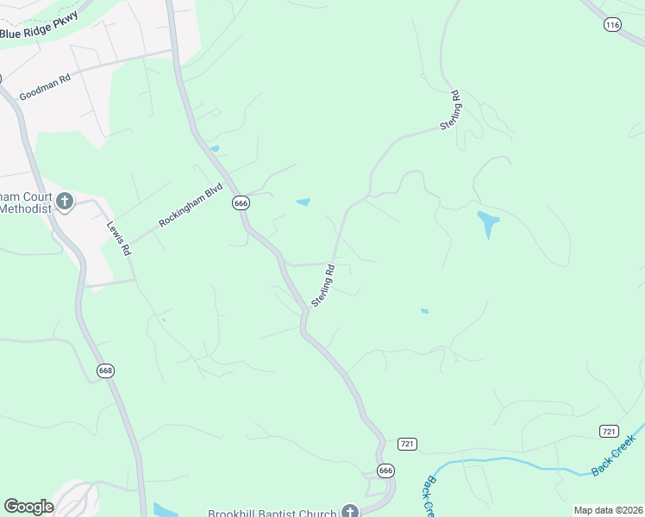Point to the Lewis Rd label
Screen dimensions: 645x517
pyautogui.click(x=118, y=239)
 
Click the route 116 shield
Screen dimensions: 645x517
pyautogui.click(x=612, y=26)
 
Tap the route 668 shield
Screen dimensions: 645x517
pyautogui.click(x=105, y=371)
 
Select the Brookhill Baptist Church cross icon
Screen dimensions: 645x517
pyautogui.click(x=349, y=512)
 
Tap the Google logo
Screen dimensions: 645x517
pyautogui.click(x=28, y=507)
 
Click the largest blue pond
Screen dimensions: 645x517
pyautogui.click(x=488, y=223)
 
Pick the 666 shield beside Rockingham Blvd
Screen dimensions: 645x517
pyautogui.click(x=241, y=202)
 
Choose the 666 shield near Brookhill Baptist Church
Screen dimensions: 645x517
pyautogui.click(x=385, y=470)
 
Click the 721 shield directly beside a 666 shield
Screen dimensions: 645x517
pyautogui.click(x=409, y=444)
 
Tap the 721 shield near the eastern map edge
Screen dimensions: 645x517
pyautogui.click(x=609, y=431)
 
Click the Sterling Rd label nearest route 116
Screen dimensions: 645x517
pyautogui.click(x=451, y=109)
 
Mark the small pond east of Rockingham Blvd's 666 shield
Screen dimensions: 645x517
pyautogui.click(x=303, y=202)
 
